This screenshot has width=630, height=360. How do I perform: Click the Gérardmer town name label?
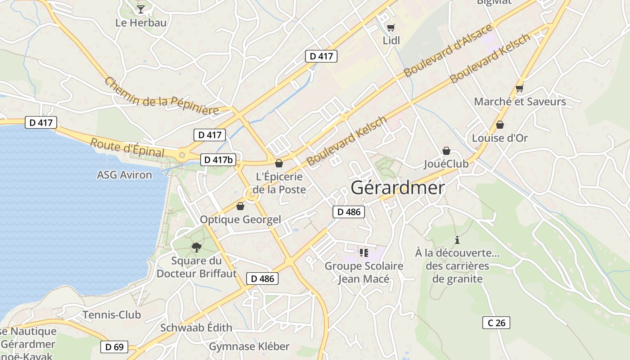click(x=397, y=188)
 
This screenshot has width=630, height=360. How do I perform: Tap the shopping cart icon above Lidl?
click(x=391, y=27)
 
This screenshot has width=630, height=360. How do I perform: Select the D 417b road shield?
click(x=218, y=159)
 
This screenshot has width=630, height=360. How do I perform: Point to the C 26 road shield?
click(x=496, y=323)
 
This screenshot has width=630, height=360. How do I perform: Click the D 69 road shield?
click(x=114, y=347)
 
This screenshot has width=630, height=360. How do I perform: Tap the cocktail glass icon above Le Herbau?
click(x=141, y=9)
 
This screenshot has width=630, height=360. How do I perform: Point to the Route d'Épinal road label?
click(x=127, y=148)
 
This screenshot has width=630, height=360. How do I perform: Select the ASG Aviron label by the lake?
click(x=124, y=175)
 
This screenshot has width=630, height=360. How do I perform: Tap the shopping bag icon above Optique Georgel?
click(x=240, y=206)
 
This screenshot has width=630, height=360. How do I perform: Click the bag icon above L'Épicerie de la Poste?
click(x=279, y=163)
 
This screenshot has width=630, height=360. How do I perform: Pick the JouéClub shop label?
click(x=446, y=164)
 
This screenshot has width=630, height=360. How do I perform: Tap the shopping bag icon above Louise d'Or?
click(x=499, y=125)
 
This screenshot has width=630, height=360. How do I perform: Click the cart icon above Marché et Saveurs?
click(x=520, y=89)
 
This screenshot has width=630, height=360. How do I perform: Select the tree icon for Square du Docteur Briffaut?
click(x=196, y=247)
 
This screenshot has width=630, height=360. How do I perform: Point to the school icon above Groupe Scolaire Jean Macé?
click(x=364, y=253)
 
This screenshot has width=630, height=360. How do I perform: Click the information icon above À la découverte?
click(x=457, y=240)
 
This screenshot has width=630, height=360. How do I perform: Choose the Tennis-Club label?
click(x=112, y=315)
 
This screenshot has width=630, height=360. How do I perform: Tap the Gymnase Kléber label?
click(x=249, y=346)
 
